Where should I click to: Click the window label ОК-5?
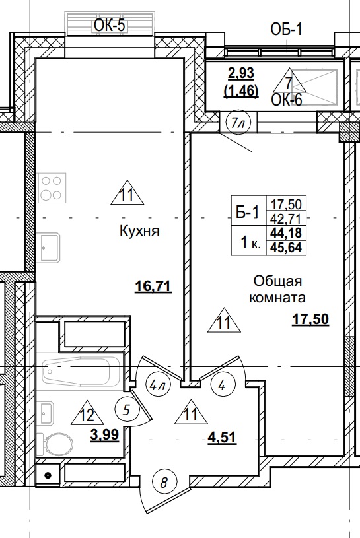[x=109, y=26]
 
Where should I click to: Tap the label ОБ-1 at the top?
[x=286, y=28]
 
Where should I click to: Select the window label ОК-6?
[x=287, y=100]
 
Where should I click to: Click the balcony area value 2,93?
[x=241, y=73]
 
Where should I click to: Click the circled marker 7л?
[x=238, y=122]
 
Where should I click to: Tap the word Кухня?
[x=141, y=231]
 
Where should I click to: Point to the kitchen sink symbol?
[x=50, y=248]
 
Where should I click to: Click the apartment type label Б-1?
[x=247, y=211]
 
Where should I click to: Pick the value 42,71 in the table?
[x=287, y=218]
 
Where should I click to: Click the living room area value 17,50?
[x=310, y=320]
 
